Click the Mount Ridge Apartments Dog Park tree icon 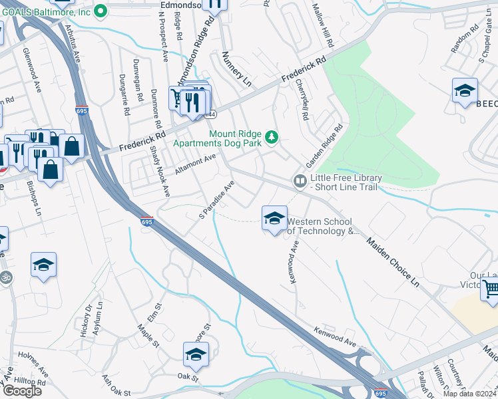(271, 138)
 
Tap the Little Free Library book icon (300, 181)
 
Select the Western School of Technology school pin (274, 218)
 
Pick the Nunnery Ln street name (236, 69)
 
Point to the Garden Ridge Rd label (324, 146)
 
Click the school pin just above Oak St (196, 354)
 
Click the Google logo (22, 390)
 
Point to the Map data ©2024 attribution (470, 394)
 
